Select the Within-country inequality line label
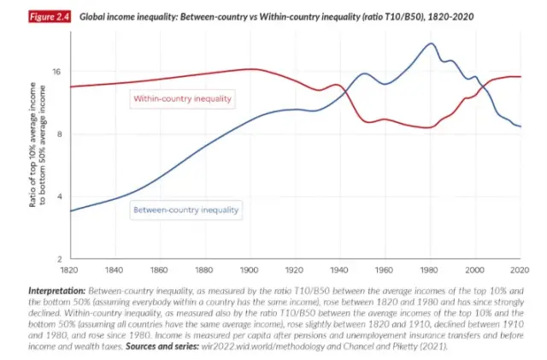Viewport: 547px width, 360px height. coord(182,99)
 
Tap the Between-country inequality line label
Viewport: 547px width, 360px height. coord(186,209)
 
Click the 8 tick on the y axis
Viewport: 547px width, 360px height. coord(59,134)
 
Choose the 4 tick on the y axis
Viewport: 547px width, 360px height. coord(59,197)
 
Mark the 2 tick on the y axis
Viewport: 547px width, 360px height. coord(59,259)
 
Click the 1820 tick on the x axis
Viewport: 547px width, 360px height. coord(71,269)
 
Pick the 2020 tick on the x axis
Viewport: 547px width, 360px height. coord(520,269)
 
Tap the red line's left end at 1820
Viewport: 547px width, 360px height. coord(71,86)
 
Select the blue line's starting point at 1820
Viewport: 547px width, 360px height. coord(71,210)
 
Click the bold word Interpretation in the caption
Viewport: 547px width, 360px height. coord(57,292)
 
